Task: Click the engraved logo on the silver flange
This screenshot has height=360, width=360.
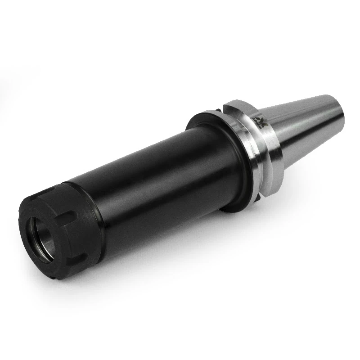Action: (x=260, y=121)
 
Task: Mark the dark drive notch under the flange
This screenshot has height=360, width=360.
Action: (x=259, y=198)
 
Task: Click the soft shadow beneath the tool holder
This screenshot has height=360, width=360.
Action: (x=180, y=252)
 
